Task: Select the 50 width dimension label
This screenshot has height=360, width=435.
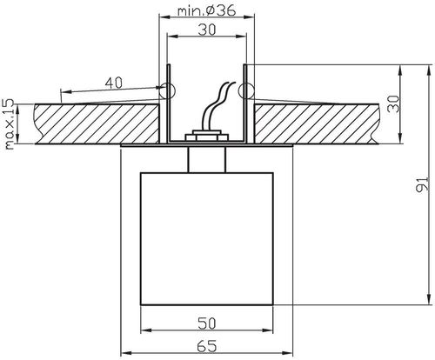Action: [x=206, y=323]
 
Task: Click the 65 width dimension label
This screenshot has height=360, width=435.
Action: [x=206, y=346]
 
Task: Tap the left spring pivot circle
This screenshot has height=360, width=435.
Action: [x=168, y=89]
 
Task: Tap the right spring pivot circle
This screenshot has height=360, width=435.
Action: [x=245, y=89]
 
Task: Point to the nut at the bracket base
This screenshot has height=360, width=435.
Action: [x=206, y=137]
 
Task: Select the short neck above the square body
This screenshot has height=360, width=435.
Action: [x=206, y=158]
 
